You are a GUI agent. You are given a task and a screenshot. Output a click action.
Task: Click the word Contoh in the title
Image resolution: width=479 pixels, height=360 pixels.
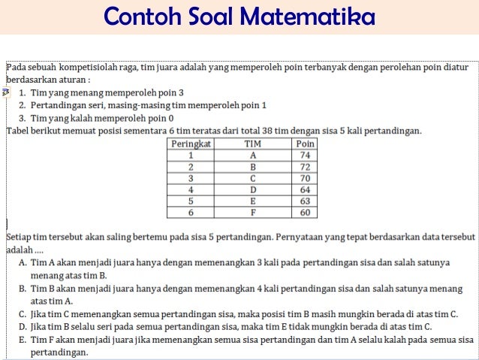tap(136, 17)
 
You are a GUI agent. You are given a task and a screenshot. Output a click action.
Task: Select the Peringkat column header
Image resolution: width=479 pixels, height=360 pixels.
tap(191, 143)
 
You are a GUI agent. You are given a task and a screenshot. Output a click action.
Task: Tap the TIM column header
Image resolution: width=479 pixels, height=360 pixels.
tap(253, 143)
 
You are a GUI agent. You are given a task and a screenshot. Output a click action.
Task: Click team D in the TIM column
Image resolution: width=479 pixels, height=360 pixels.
tap(253, 190)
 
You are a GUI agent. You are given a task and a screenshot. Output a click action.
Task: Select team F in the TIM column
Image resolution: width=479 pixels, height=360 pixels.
tap(253, 213)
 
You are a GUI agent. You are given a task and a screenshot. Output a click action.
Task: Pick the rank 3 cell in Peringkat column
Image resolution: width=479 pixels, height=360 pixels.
tap(191, 179)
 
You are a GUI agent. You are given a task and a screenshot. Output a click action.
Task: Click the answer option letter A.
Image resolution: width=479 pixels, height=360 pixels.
tap(23, 262)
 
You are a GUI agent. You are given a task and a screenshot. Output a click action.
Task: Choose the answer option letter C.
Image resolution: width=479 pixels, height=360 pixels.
tap(23, 313)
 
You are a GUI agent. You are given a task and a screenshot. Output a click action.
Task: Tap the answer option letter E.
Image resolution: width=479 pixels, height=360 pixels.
tap(23, 339)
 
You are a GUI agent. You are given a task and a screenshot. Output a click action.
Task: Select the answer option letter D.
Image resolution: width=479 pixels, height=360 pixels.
tap(23, 326)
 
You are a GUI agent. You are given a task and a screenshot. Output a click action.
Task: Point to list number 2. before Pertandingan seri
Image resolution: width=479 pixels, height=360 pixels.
tap(23, 105)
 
